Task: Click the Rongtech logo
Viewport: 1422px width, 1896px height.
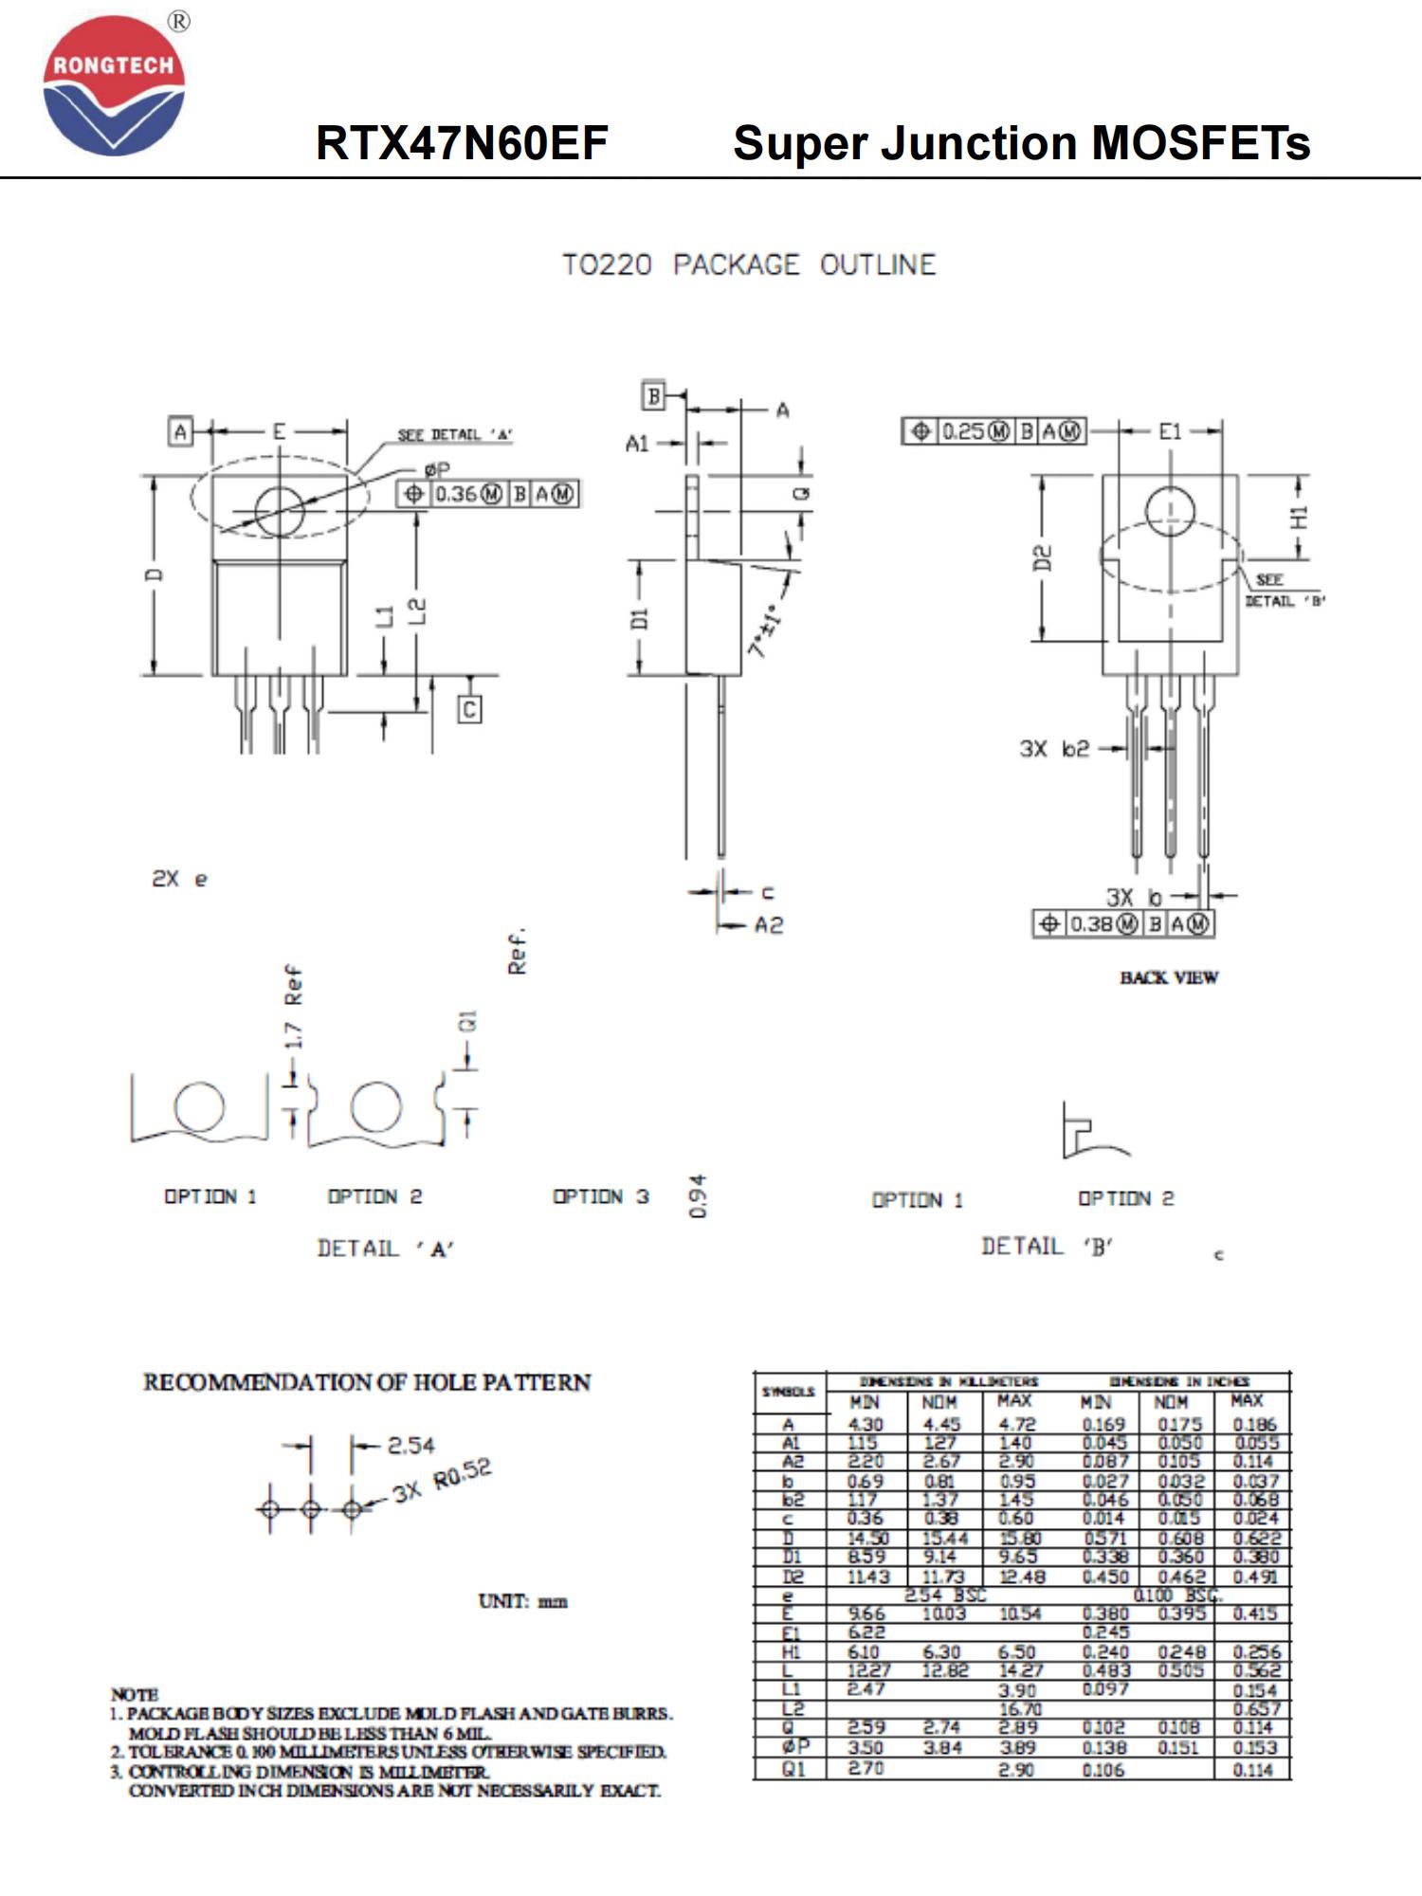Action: click(x=114, y=85)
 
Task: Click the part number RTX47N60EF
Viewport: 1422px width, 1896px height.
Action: click(x=462, y=143)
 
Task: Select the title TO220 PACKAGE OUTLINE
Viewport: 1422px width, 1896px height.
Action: click(x=749, y=264)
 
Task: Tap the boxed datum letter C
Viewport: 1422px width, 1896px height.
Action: click(x=470, y=709)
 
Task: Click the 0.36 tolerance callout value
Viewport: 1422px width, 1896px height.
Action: click(x=456, y=494)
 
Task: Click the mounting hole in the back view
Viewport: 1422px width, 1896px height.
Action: click(x=1170, y=511)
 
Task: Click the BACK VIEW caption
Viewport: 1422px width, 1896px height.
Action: click(x=1169, y=977)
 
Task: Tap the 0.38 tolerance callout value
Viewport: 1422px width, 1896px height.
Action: click(x=1091, y=923)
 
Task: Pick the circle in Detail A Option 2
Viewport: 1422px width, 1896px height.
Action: click(x=375, y=1107)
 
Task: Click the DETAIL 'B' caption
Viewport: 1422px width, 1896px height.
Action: click(x=1048, y=1247)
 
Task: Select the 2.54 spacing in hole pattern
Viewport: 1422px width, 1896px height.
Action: click(x=410, y=1446)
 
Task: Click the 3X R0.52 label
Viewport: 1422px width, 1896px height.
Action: click(x=443, y=1482)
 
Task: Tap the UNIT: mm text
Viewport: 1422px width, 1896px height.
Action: click(x=522, y=1601)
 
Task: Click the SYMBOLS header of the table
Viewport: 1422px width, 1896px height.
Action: click(x=789, y=1392)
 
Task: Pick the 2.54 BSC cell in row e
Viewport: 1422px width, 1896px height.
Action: click(x=944, y=1595)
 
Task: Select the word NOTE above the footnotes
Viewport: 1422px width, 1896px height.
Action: click(x=135, y=1693)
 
